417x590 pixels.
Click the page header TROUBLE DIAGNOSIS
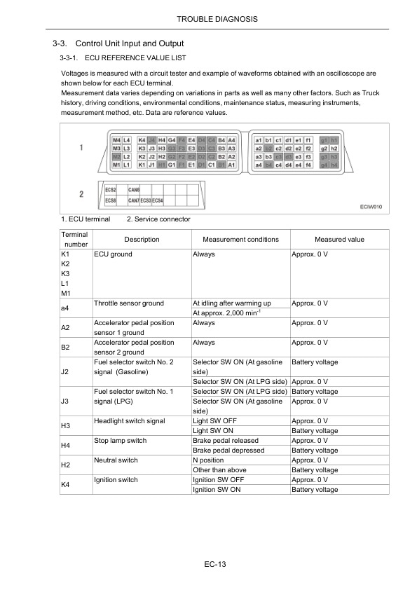click(208, 17)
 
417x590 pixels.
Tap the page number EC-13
click(208, 563)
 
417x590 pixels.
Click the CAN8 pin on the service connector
click(133, 190)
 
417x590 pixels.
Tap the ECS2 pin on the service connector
click(111, 190)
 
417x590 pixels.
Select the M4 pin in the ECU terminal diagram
click(116, 140)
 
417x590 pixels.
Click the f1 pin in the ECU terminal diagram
click(308, 140)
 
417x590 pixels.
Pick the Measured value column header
click(339, 240)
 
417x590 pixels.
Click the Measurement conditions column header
click(240, 240)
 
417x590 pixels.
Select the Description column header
click(142, 240)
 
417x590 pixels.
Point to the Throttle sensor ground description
click(129, 303)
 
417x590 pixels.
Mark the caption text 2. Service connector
click(158, 219)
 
